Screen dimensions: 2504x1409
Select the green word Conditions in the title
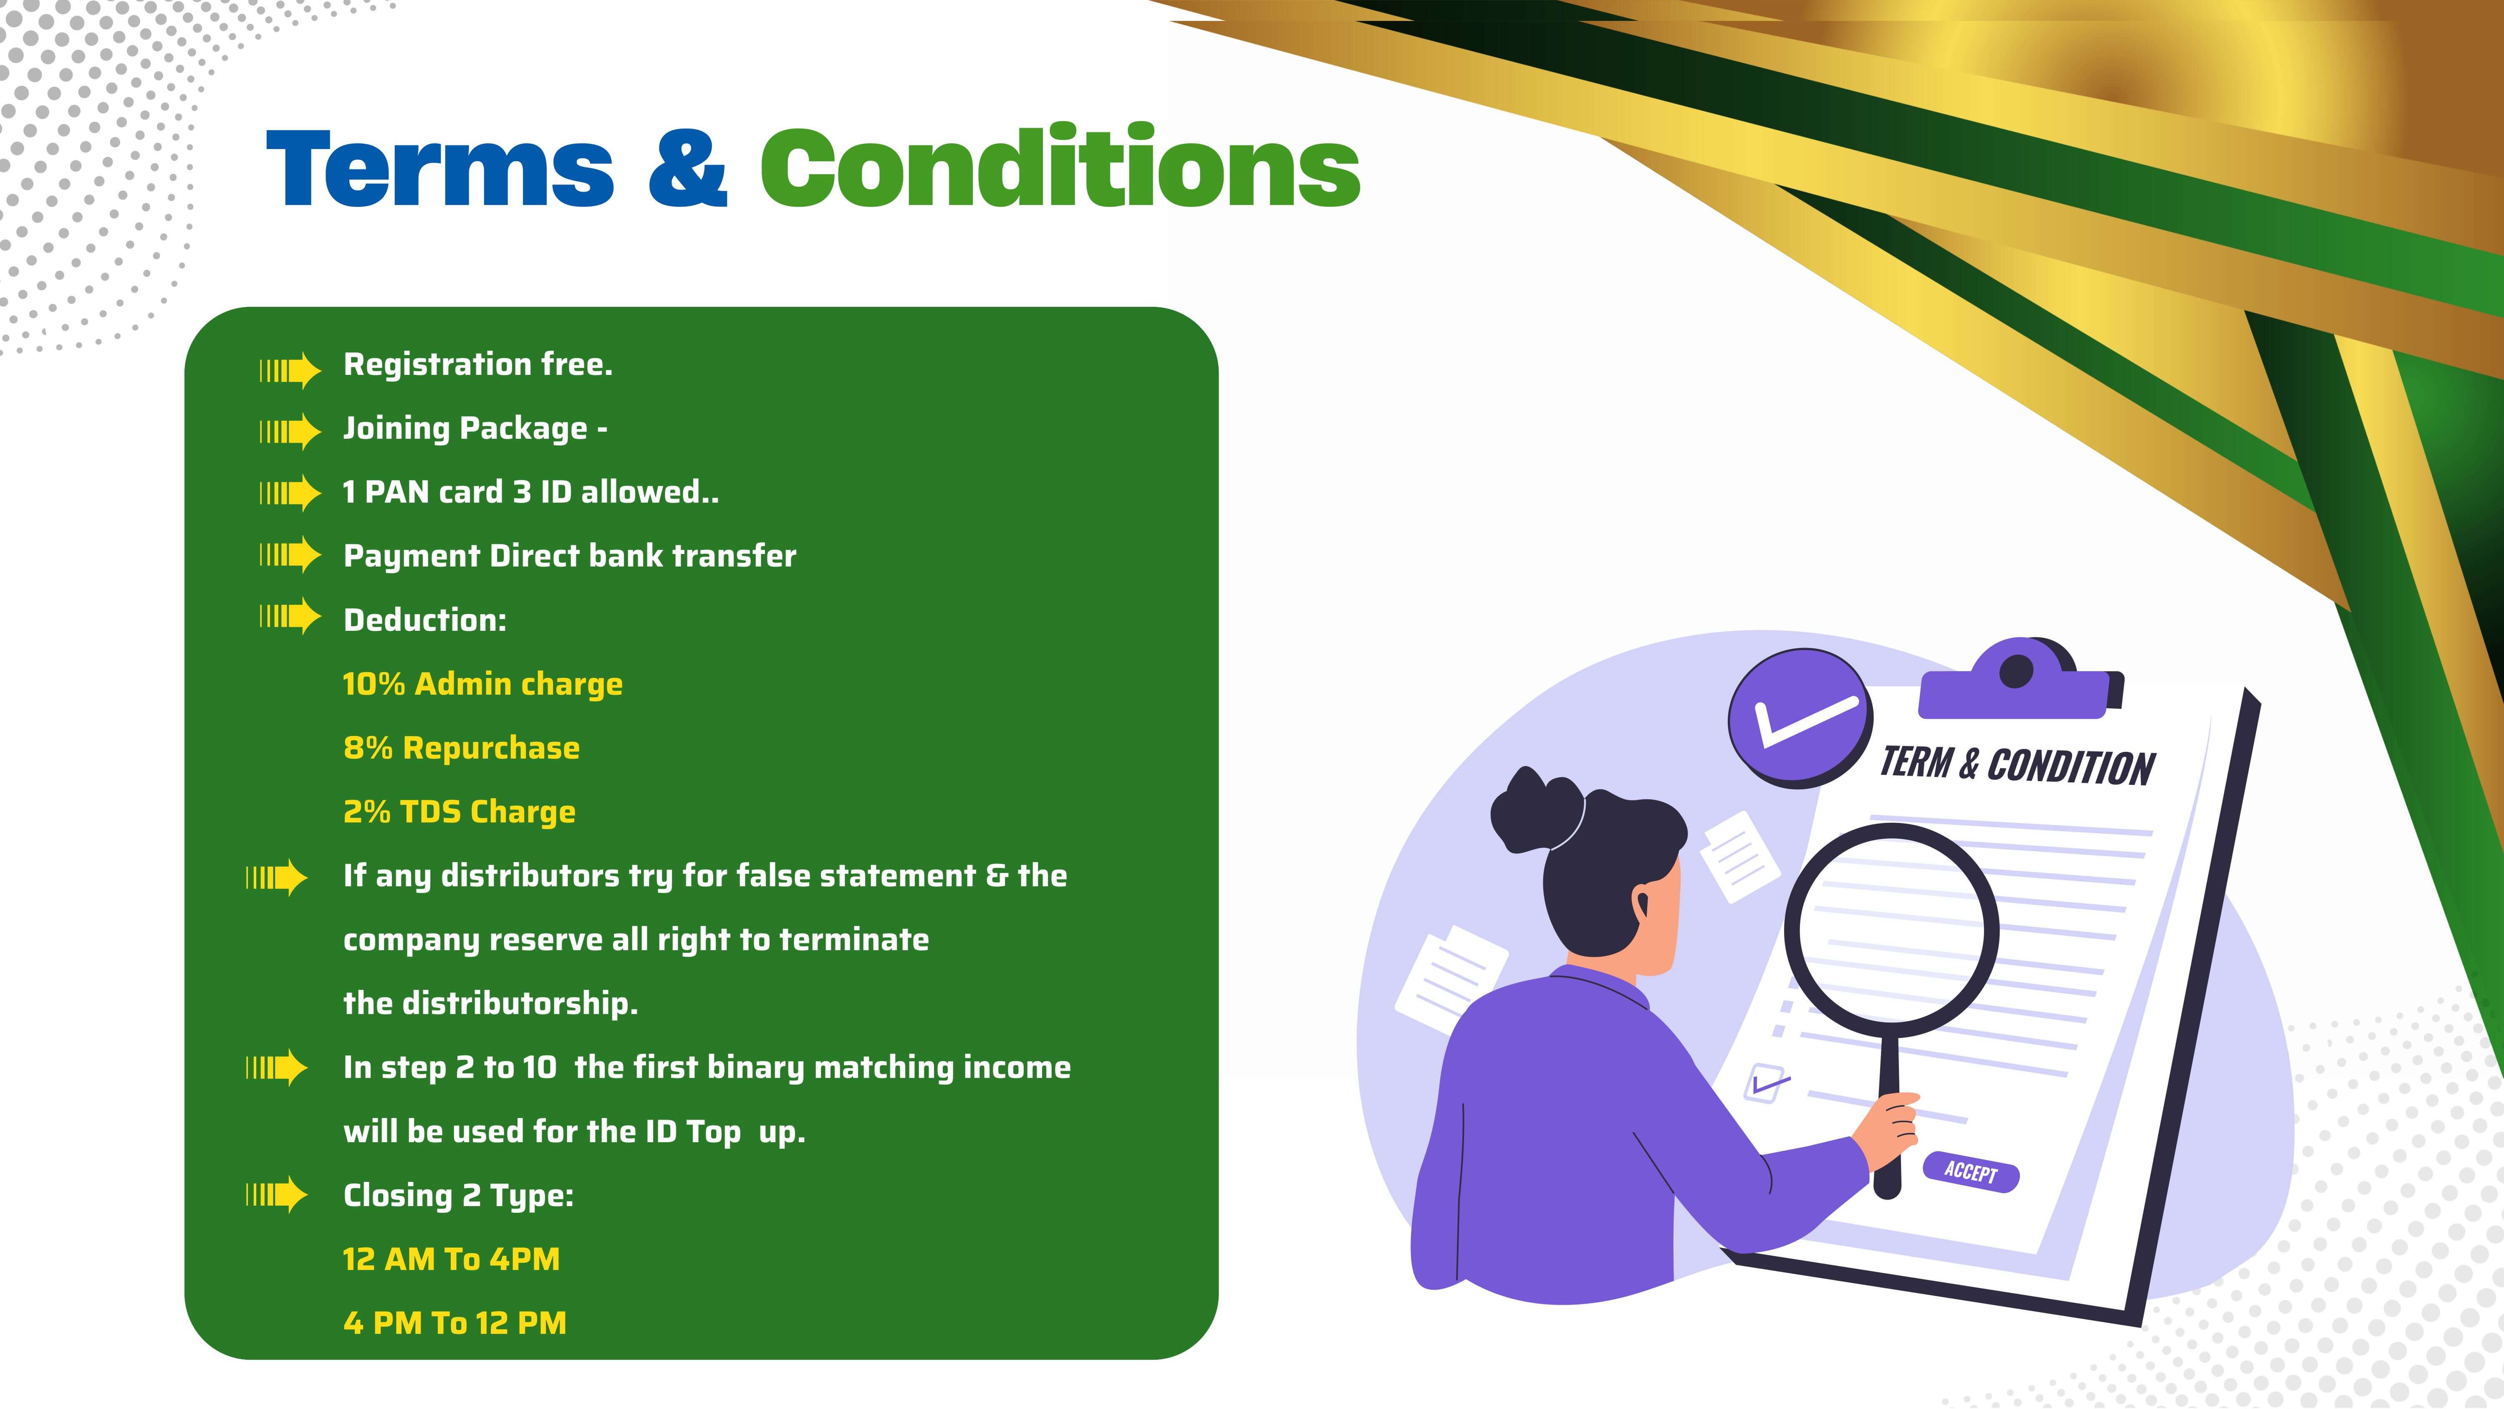click(1060, 165)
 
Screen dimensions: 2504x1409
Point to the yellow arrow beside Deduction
click(290, 615)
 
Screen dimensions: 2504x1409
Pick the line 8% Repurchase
click(461, 748)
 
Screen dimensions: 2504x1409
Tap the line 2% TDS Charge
click(459, 812)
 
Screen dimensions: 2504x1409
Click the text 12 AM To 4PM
click(451, 1259)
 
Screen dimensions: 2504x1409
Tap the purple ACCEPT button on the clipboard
click(1971, 1172)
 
